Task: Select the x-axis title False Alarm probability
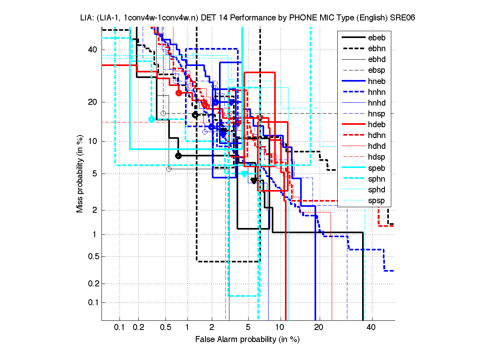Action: point(247,340)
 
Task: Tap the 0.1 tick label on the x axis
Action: point(120,328)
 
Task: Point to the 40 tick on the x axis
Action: point(372,328)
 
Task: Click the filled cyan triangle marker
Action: point(245,174)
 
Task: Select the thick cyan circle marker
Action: point(151,119)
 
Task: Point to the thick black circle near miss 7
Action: point(179,156)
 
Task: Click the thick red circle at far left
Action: point(179,93)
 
